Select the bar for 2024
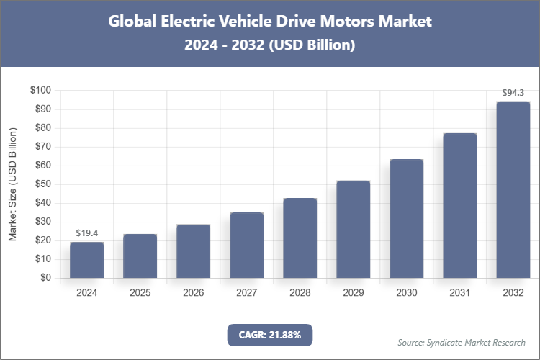pyautogui.click(x=87, y=260)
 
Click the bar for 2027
pyautogui.click(x=247, y=245)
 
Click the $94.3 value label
pyautogui.click(x=513, y=93)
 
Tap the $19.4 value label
pyautogui.click(x=87, y=233)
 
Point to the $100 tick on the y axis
pyautogui.click(x=40, y=91)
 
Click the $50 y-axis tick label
pyautogui.click(x=42, y=184)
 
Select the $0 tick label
pyautogui.click(x=45, y=278)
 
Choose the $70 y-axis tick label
pyautogui.click(x=42, y=147)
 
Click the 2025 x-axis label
pyautogui.click(x=140, y=293)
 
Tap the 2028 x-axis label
pyautogui.click(x=300, y=293)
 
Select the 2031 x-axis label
pyautogui.click(x=460, y=293)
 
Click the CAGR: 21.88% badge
pyautogui.click(x=270, y=335)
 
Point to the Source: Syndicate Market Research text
pyautogui.click(x=462, y=342)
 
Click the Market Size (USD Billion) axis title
pyautogui.click(x=12, y=184)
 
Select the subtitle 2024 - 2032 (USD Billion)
pyautogui.click(x=270, y=45)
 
